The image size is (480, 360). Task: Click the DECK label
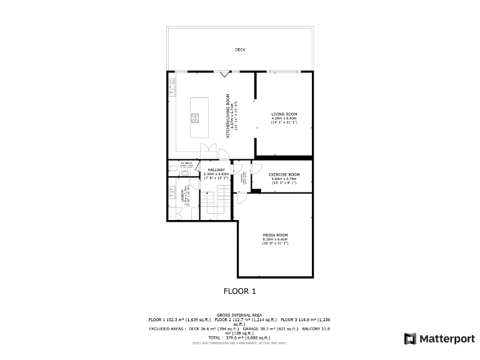239,49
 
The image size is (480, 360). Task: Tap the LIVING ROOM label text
284,114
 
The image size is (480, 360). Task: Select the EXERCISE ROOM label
284,174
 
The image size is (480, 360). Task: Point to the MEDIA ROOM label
275,235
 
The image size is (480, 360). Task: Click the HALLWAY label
216,169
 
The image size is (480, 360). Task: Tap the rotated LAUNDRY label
183,194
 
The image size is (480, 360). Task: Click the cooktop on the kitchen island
195,117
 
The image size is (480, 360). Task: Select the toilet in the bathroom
183,173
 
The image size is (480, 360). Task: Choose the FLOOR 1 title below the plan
239,291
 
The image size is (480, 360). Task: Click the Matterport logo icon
410,339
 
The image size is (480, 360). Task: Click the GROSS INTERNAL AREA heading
239,314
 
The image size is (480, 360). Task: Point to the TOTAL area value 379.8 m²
239,337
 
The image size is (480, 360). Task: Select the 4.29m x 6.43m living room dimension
284,118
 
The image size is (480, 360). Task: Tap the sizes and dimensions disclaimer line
239,342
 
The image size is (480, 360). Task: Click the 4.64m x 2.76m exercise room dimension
284,179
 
